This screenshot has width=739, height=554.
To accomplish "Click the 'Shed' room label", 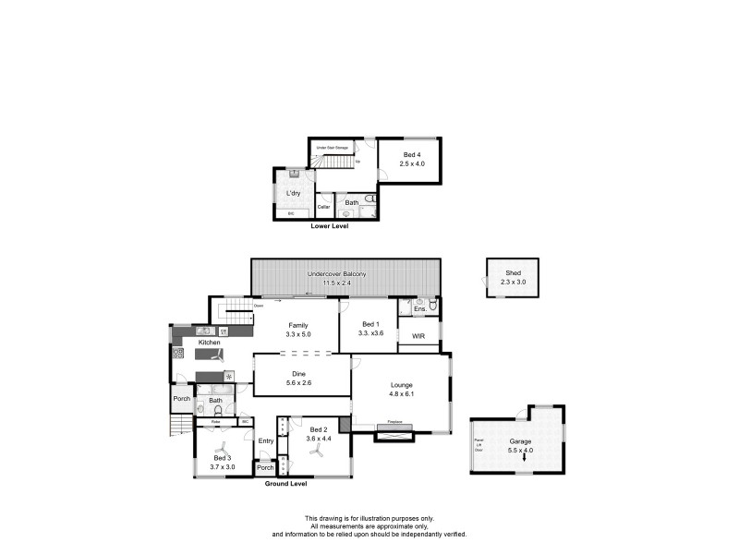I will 513,272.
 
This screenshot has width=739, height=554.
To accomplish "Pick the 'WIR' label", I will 418,335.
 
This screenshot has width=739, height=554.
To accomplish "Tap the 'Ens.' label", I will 419,309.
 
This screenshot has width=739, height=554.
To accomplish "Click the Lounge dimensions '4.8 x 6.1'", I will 401,395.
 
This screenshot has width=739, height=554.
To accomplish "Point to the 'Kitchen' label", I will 208,343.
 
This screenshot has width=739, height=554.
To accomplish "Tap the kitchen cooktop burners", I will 178,353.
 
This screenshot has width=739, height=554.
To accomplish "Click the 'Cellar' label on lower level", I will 324,207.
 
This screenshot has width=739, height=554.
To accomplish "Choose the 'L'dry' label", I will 293,193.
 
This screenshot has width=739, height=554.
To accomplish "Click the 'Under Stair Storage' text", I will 330,148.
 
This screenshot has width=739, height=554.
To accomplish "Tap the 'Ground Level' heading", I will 285,483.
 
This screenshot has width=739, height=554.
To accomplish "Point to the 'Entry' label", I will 266,441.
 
